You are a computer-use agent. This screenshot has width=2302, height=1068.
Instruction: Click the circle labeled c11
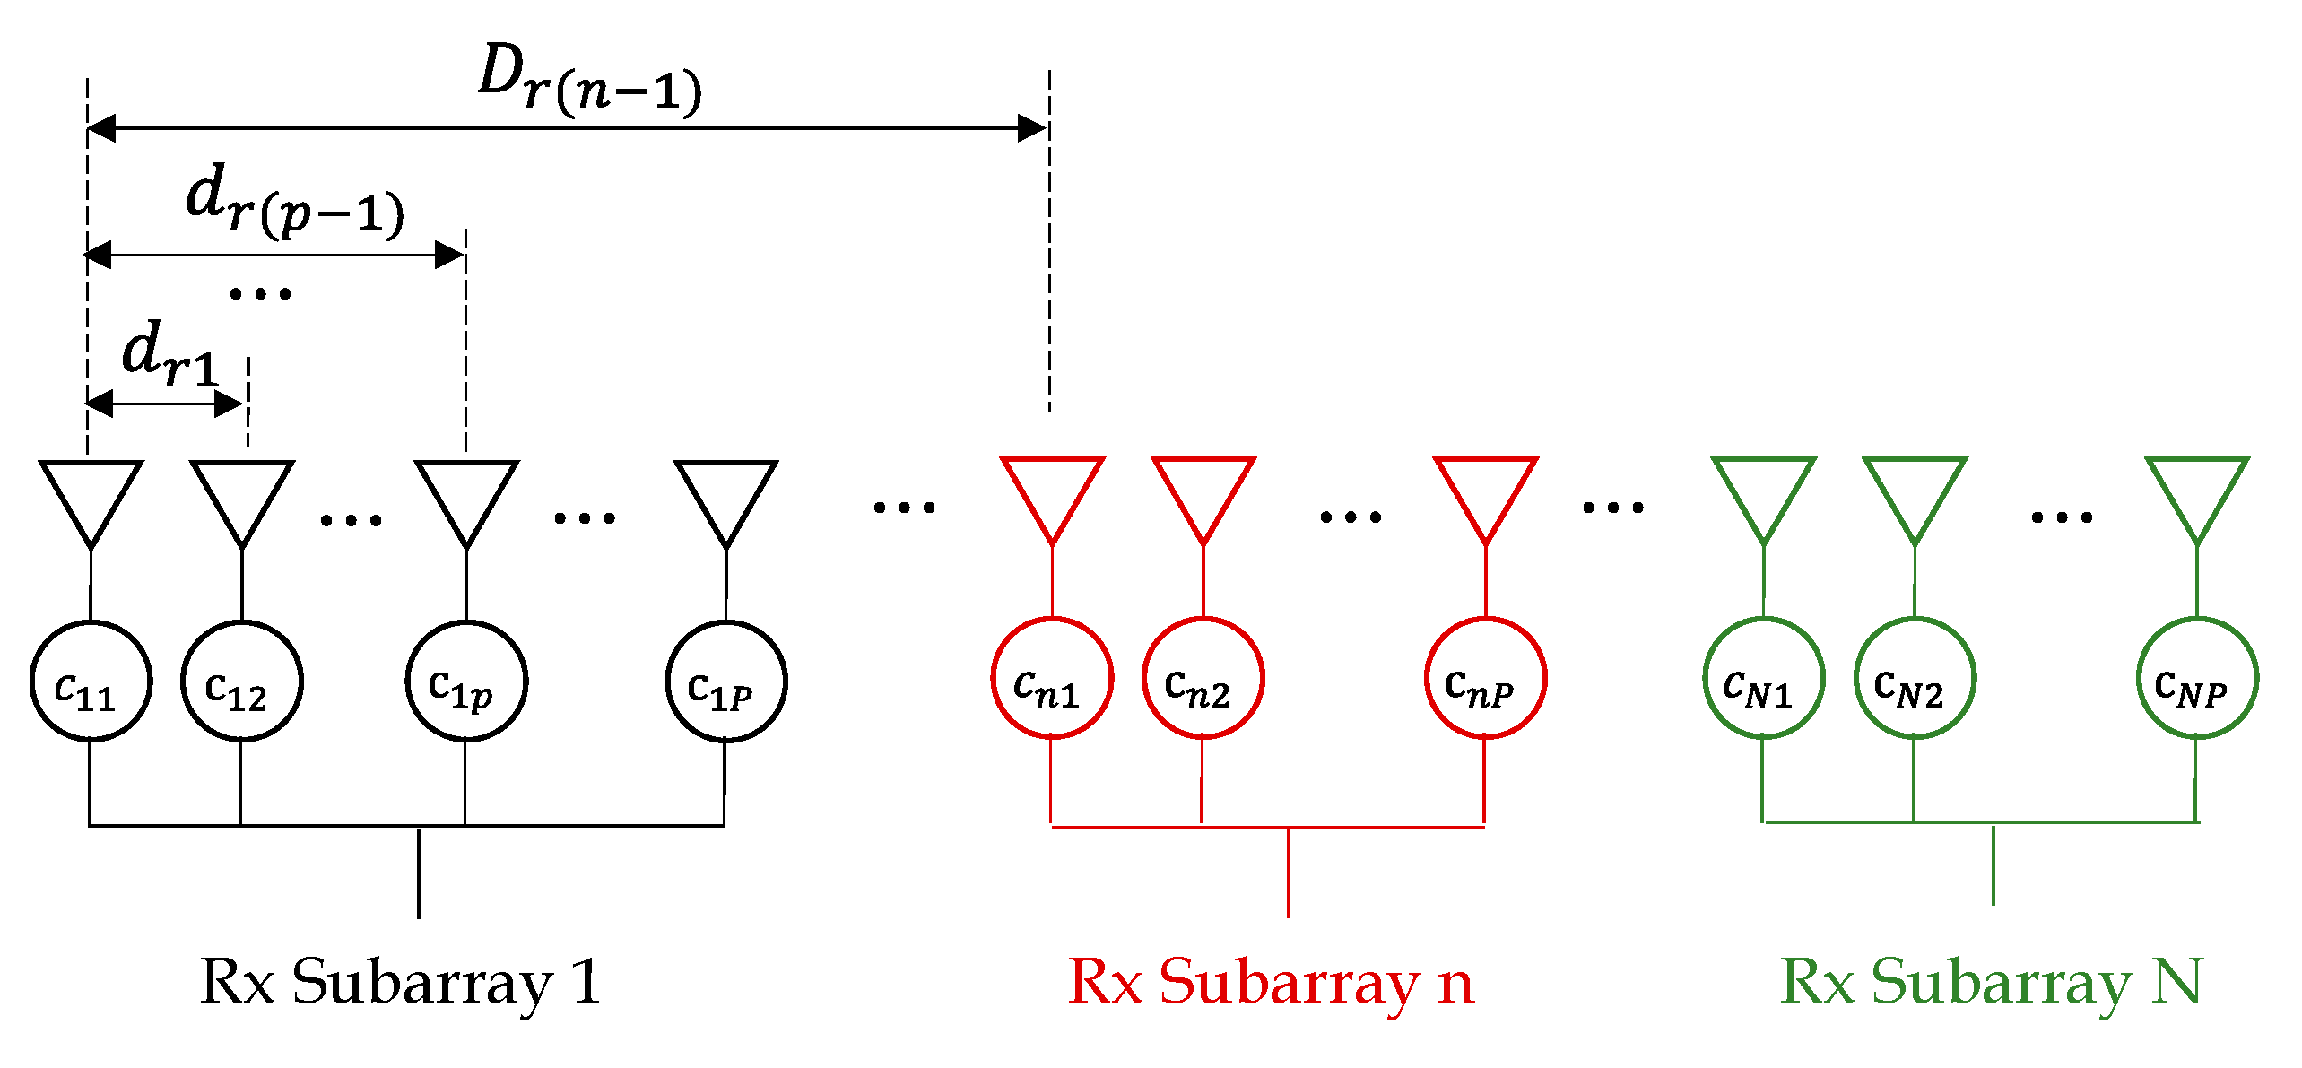pyautogui.click(x=91, y=682)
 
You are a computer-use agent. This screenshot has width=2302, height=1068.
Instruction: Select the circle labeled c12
pyautogui.click(x=241, y=682)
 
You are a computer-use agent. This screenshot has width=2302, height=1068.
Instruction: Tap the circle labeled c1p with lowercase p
pyautogui.click(x=465, y=682)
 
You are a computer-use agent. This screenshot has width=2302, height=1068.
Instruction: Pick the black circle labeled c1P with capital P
pyautogui.click(x=725, y=682)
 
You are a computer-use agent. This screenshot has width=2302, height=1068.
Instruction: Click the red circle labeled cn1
pyautogui.click(x=1052, y=678)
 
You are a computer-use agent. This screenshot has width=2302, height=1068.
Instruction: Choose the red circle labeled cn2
pyautogui.click(x=1203, y=678)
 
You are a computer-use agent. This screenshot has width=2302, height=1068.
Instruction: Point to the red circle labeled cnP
pyautogui.click(x=1485, y=678)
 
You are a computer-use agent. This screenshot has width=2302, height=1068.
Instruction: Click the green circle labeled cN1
pyautogui.click(x=1763, y=678)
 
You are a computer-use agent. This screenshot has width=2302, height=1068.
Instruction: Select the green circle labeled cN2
pyautogui.click(x=1915, y=678)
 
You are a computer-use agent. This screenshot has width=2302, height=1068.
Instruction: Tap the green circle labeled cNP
pyautogui.click(x=2197, y=678)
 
